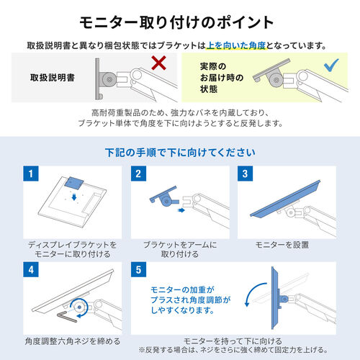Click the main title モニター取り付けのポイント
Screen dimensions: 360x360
(176, 23)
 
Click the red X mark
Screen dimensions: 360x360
(159, 63)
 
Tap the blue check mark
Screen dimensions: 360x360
(331, 65)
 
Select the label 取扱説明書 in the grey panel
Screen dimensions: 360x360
(53, 78)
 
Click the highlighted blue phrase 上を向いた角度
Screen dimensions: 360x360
(236, 45)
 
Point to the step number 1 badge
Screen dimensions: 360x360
(31, 174)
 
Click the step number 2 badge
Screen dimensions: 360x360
(138, 174)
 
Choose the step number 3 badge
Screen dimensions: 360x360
(245, 174)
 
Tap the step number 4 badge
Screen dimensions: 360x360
(31, 270)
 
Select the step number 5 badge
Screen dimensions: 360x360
(138, 270)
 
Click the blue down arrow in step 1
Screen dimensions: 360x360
(74, 197)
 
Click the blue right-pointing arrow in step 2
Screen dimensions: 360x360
(181, 210)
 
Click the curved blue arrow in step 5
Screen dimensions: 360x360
(252, 289)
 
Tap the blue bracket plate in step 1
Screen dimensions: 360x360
(74, 183)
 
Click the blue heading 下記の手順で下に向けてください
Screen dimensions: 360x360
(180, 153)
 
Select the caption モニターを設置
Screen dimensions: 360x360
(282, 245)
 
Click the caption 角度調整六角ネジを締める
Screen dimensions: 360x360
(73, 341)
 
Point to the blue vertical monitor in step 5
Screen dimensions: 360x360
(275, 298)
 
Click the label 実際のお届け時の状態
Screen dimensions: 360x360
(222, 78)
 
